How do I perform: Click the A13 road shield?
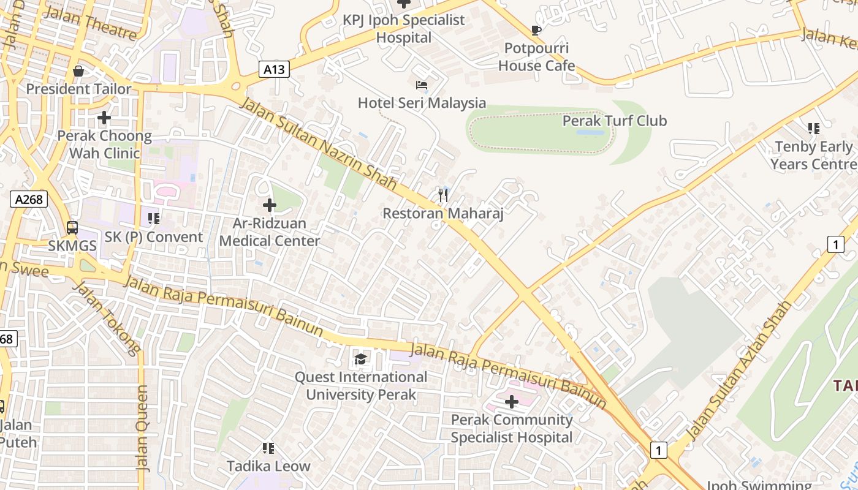pos(273,69)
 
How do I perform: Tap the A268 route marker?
pos(29,198)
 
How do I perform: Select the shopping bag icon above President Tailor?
pos(78,72)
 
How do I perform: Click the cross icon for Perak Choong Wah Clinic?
pos(104,117)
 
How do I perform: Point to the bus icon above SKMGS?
pos(72,228)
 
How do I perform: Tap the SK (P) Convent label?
pos(153,237)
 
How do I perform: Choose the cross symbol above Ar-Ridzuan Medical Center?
pos(269,206)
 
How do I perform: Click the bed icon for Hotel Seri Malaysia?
pos(422,85)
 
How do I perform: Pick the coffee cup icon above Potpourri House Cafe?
pos(536,31)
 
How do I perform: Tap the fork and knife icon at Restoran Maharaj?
pos(443,196)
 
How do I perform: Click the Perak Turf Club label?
pos(615,121)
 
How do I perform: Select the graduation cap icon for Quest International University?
pos(360,359)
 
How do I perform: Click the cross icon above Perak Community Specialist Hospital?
pos(511,402)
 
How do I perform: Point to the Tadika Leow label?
pos(268,466)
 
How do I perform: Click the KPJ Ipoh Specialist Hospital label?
pos(404,28)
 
